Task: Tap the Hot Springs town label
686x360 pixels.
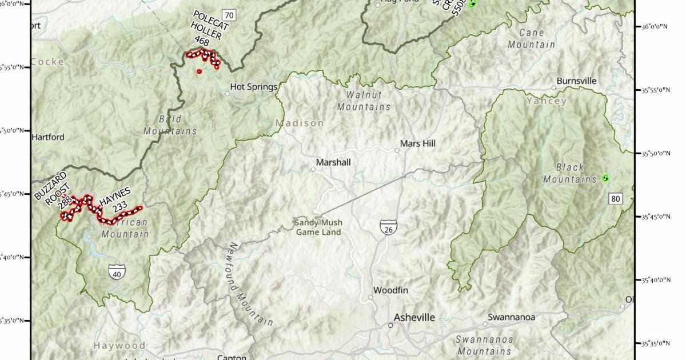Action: click(x=253, y=87)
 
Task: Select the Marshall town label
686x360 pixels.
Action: click(x=333, y=163)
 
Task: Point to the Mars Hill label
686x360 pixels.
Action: click(x=418, y=144)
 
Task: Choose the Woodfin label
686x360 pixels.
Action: click(x=390, y=290)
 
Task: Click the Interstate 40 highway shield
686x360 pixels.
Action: click(x=117, y=271)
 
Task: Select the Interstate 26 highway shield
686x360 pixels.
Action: click(x=388, y=227)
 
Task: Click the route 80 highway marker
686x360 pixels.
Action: click(x=615, y=198)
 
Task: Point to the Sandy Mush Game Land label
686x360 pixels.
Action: click(x=318, y=227)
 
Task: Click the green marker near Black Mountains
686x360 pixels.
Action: click(x=605, y=178)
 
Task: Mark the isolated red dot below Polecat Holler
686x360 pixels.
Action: click(x=199, y=71)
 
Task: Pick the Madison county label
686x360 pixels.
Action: click(x=300, y=123)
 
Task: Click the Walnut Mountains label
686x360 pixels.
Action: click(x=364, y=101)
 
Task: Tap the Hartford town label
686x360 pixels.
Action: click(x=48, y=137)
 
